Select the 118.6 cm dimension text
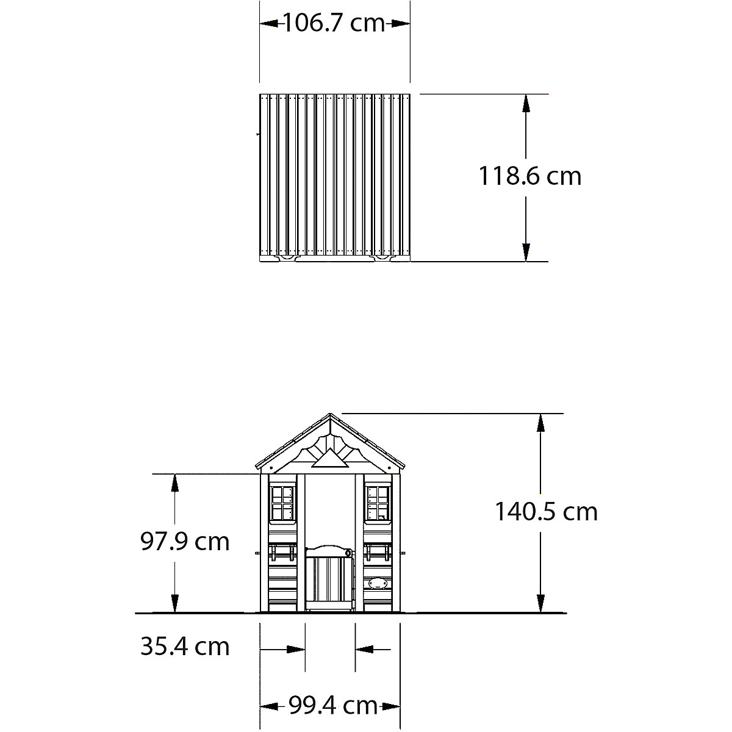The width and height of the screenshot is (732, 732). (530, 176)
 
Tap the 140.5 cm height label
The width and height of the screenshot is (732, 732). (546, 511)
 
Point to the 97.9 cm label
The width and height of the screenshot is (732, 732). (185, 541)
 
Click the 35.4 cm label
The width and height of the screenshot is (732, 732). (185, 646)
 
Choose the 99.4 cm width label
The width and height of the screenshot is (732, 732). (333, 705)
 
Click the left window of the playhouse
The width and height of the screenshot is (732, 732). (282, 503)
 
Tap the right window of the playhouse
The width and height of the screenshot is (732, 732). (378, 503)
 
